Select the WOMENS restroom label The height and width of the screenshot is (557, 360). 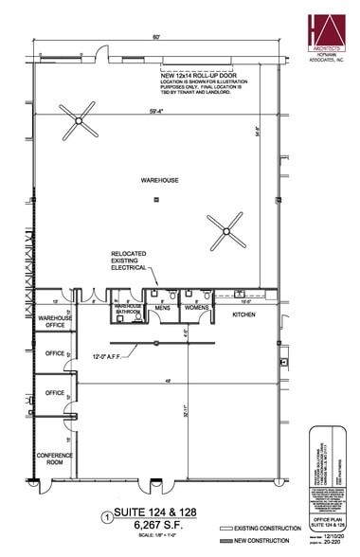(x=195, y=308)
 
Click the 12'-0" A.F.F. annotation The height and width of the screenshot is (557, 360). (x=105, y=357)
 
